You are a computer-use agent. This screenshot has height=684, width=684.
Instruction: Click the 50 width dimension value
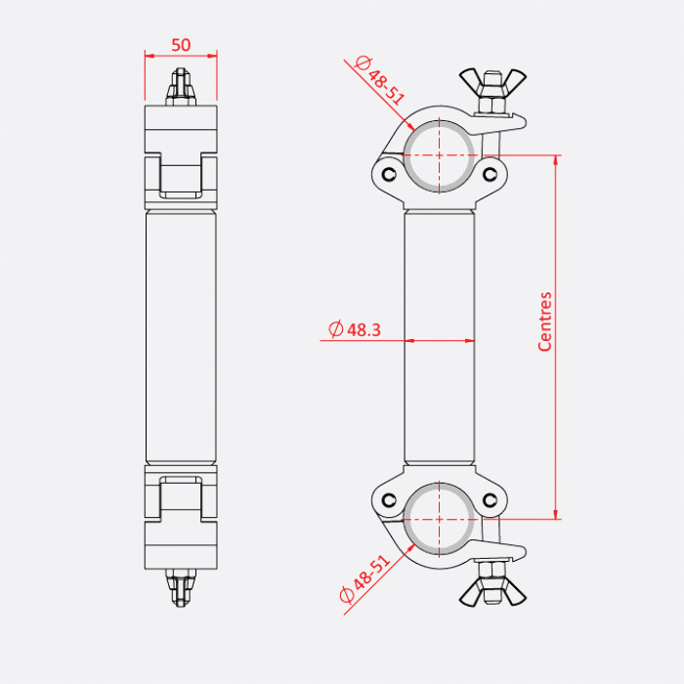click(181, 45)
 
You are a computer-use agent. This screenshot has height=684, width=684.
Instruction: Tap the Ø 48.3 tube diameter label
click(355, 329)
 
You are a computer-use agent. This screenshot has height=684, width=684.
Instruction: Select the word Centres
click(545, 321)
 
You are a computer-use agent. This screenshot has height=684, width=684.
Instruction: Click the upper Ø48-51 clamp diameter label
click(380, 80)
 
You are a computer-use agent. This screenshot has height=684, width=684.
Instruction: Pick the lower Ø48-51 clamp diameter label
click(364, 578)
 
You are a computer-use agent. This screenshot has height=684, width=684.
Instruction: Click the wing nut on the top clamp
click(492, 82)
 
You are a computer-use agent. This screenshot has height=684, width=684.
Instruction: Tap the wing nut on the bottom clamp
click(492, 592)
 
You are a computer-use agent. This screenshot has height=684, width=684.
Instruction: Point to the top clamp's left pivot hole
click(389, 175)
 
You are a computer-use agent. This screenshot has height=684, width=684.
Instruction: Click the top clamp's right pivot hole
click(491, 175)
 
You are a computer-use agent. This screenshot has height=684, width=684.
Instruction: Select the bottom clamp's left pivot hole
click(389, 500)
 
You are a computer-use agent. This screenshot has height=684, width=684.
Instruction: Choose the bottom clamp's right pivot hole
click(491, 500)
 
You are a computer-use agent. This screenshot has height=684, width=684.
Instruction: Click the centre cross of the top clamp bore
click(440, 155)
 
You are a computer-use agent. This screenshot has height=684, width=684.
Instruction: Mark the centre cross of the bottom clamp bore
click(440, 519)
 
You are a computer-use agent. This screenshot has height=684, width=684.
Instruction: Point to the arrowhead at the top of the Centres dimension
click(556, 160)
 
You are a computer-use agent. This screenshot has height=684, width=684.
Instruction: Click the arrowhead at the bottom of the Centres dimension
click(556, 514)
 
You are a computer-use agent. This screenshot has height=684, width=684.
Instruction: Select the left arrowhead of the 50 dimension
click(150, 56)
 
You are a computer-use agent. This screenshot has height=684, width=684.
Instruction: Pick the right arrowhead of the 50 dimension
click(212, 56)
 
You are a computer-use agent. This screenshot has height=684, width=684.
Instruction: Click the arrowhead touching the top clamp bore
click(410, 126)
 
